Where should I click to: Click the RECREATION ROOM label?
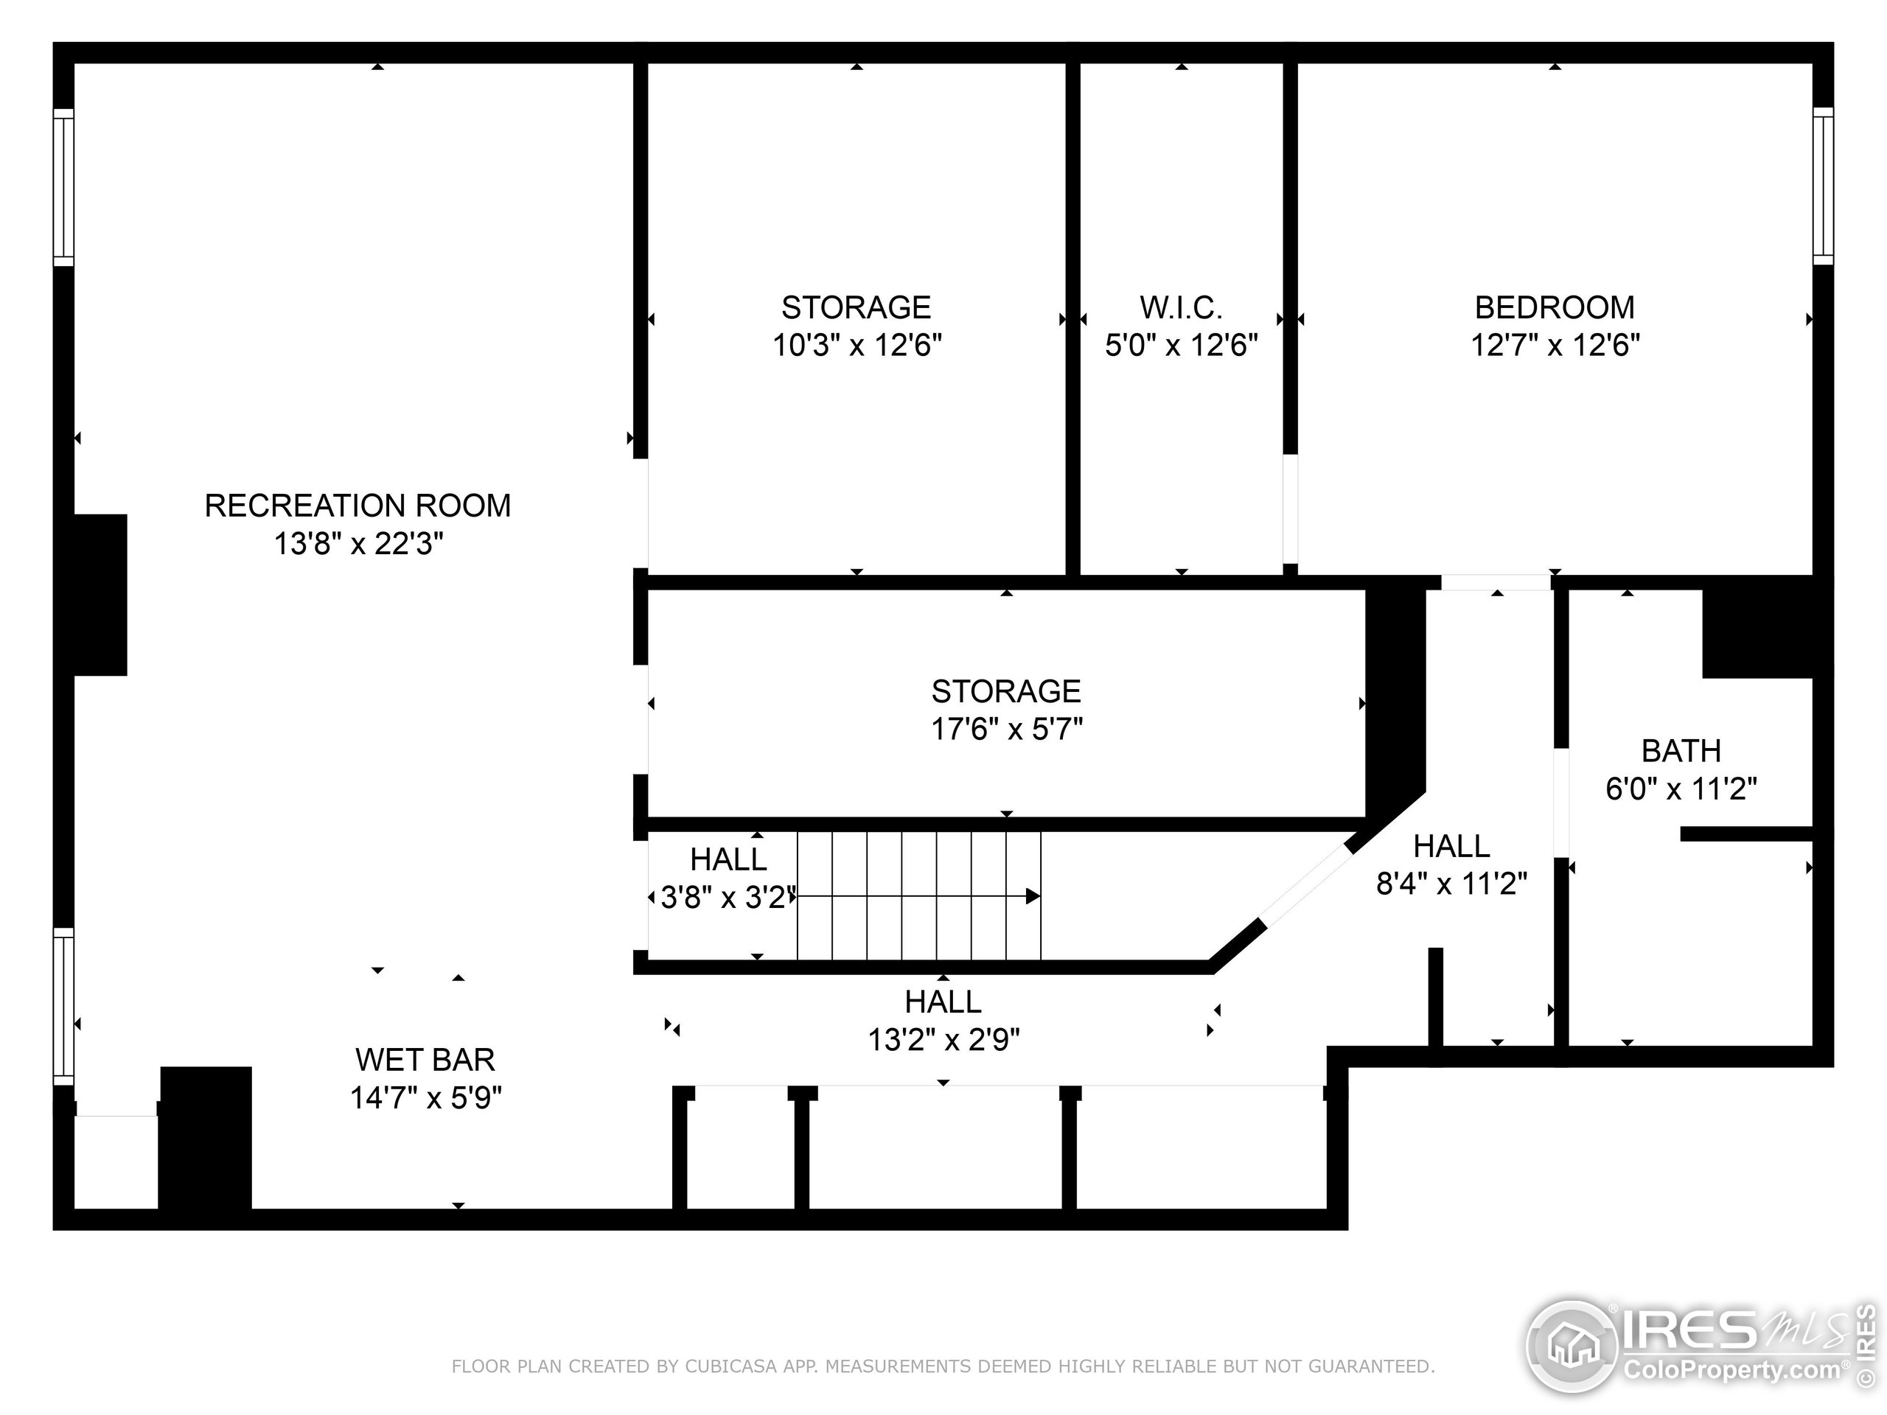[x=357, y=506]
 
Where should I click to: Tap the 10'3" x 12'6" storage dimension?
[x=857, y=346]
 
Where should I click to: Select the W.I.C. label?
[x=1181, y=307]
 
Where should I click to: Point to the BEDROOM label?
[x=1555, y=307]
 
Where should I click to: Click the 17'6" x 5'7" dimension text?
[x=1007, y=730]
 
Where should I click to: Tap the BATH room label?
[x=1681, y=750]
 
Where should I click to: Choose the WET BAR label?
[x=425, y=1059]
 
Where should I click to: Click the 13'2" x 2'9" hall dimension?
[x=943, y=1040]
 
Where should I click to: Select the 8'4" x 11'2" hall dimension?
[x=1451, y=884]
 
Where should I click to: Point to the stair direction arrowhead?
[x=1032, y=895]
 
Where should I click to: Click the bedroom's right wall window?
[x=1822, y=186]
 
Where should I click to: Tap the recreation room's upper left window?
[x=63, y=186]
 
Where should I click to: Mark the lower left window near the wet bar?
[x=63, y=1007]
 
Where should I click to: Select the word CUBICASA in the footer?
[x=730, y=1366]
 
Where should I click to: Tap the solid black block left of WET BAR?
[x=206, y=1137]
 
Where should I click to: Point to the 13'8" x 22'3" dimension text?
[x=357, y=543]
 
